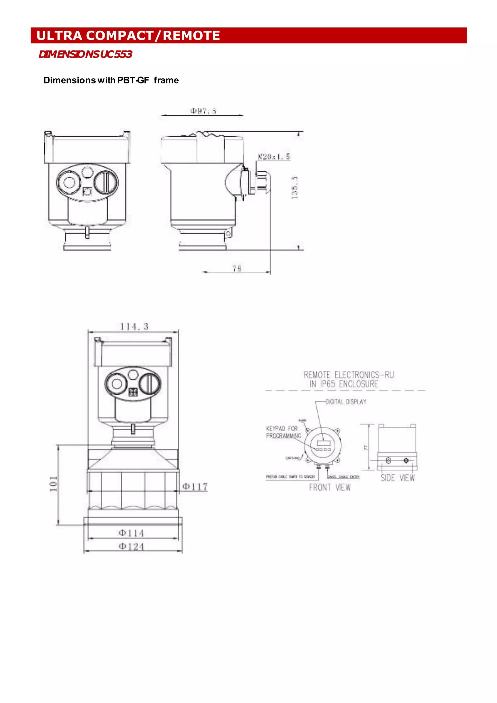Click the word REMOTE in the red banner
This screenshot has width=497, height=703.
tap(191, 35)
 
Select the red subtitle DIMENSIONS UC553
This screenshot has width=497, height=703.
tap(85, 54)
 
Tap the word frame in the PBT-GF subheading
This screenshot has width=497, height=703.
tap(166, 80)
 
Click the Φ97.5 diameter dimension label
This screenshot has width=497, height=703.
tap(203, 111)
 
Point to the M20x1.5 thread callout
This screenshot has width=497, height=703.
tap(273, 157)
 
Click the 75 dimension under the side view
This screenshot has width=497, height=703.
tap(237, 269)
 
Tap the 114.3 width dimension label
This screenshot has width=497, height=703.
tap(134, 327)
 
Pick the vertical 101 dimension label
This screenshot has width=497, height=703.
tap(54, 484)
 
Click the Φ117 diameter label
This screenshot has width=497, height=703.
tap(195, 487)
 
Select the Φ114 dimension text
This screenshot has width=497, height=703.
tap(131, 533)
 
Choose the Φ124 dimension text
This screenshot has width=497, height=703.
tap(131, 546)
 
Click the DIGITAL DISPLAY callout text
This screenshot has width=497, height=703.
tap(346, 402)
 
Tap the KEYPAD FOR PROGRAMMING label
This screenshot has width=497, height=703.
tap(283, 432)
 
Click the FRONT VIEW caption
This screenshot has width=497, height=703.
tap(330, 487)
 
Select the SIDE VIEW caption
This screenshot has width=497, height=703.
tap(398, 478)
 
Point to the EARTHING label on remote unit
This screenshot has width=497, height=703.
tap(292, 458)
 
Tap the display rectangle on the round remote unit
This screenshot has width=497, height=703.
tap(324, 442)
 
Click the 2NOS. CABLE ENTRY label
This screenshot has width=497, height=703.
tap(344, 477)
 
